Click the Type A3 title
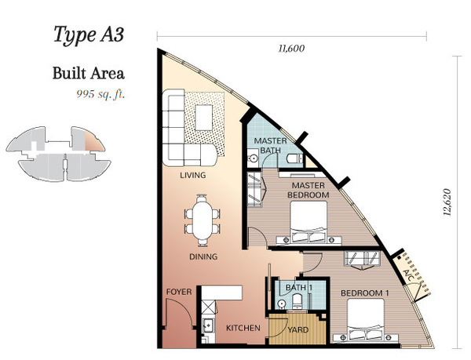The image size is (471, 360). [x=89, y=35]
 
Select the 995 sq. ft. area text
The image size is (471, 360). [x=100, y=94]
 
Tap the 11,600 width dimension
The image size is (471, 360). [x=291, y=49]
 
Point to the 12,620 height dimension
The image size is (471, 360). [x=447, y=202]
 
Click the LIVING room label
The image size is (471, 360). [x=193, y=175]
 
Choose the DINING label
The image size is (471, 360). [x=203, y=256]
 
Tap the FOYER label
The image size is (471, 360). [x=179, y=292]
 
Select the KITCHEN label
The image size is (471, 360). [x=243, y=328]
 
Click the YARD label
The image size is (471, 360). [x=298, y=330]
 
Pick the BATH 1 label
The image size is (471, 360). [x=299, y=287]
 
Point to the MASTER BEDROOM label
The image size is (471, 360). [x=309, y=191]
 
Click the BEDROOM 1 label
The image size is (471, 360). [x=365, y=293]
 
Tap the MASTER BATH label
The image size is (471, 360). [x=270, y=146]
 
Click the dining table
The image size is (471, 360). [x=203, y=220]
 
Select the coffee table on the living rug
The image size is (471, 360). [x=204, y=118]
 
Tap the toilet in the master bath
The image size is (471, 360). [x=294, y=158]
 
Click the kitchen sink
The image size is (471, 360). [x=207, y=325]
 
